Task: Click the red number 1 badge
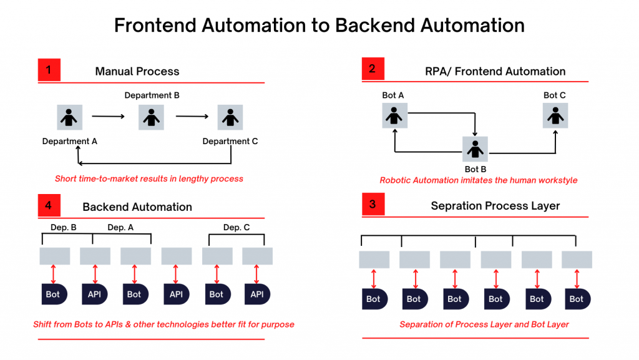tap(49, 70)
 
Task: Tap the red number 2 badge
tap(373, 69)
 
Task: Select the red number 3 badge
tap(373, 205)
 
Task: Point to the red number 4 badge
tap(49, 205)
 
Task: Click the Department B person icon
tap(150, 117)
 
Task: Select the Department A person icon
tap(70, 117)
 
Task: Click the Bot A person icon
tap(394, 116)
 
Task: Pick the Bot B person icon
tap(475, 150)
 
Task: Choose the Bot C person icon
tap(555, 116)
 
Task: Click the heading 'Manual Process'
tap(137, 71)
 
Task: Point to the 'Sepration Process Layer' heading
tap(495, 206)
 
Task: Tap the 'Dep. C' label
tap(237, 228)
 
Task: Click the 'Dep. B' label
tap(64, 228)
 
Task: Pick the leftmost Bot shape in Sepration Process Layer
tap(374, 299)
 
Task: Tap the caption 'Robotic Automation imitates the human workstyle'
tap(479, 180)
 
